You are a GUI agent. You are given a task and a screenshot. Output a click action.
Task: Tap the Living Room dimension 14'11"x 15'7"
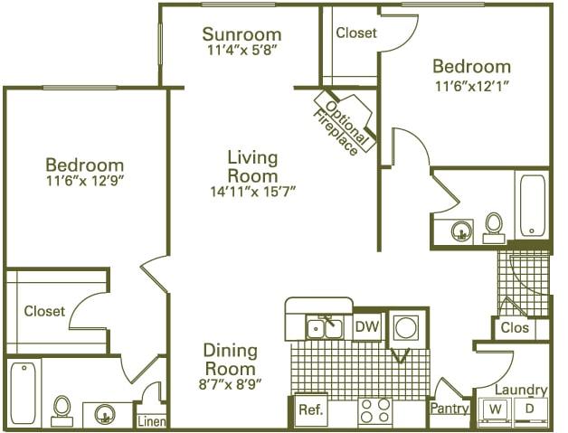coord(251,191)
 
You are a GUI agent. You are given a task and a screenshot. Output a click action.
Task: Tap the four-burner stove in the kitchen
coord(375,411)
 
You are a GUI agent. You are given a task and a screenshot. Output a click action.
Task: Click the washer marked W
coord(496,409)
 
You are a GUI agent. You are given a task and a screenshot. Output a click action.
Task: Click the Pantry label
coord(450,409)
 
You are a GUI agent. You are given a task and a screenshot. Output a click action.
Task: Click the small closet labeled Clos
coord(515,328)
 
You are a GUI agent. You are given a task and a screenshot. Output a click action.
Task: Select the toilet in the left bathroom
coord(62,409)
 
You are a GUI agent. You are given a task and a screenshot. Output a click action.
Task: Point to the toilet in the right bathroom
coord(494,226)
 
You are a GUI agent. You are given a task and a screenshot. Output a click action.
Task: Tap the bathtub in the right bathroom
coord(531,203)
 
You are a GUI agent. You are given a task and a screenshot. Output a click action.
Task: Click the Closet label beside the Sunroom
coord(355,33)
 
